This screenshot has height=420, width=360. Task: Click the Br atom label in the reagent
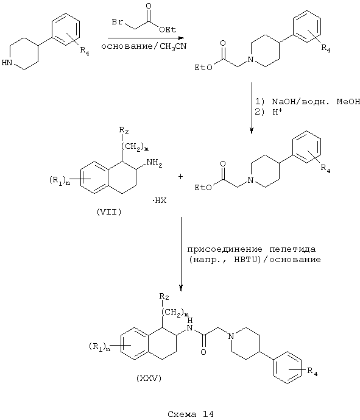click(x=118, y=22)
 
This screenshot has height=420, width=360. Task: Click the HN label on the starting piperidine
click(x=7, y=63)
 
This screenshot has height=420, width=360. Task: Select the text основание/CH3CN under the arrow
click(x=144, y=46)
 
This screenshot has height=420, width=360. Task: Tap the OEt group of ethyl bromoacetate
click(x=168, y=29)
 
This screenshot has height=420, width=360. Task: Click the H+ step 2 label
click(x=277, y=112)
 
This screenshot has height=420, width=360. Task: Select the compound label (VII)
click(x=109, y=212)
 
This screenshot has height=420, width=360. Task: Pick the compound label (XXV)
click(x=149, y=379)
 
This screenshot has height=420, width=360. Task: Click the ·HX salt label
click(x=160, y=201)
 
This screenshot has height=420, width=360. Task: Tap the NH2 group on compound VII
click(x=155, y=163)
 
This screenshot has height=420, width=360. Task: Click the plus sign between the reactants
click(x=181, y=177)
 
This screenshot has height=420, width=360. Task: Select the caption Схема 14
click(x=191, y=414)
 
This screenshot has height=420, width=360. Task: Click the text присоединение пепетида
click(x=252, y=249)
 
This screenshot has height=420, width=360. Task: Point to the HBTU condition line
click(x=255, y=260)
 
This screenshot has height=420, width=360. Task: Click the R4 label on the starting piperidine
click(x=85, y=51)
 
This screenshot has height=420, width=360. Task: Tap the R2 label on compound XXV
click(x=164, y=297)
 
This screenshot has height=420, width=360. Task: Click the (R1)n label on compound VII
click(x=60, y=181)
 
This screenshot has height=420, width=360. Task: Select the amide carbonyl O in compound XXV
click(x=203, y=352)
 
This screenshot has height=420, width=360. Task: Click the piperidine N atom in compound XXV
click(x=231, y=336)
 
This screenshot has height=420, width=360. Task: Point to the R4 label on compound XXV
click(x=312, y=372)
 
